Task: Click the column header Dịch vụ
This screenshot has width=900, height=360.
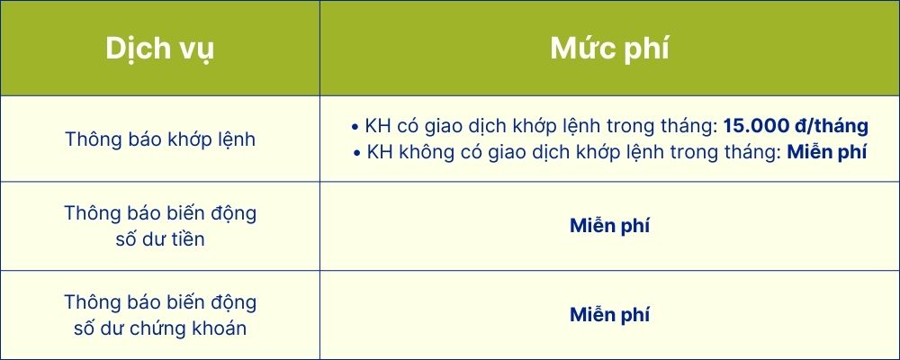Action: (159, 49)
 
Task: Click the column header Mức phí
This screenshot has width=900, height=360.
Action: (609, 49)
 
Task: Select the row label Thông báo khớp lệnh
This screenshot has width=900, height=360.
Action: (160, 139)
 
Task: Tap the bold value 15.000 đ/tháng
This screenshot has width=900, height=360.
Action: (796, 126)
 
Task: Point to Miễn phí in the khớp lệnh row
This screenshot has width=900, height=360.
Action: (826, 153)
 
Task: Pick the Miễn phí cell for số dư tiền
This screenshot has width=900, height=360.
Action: (609, 226)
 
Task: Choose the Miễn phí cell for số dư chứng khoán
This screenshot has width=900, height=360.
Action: (609, 315)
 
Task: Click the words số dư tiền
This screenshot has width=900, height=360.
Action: (160, 238)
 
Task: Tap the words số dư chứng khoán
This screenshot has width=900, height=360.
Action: (160, 328)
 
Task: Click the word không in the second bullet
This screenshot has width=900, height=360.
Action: (419, 153)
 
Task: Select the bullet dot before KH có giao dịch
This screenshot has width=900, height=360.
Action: (355, 127)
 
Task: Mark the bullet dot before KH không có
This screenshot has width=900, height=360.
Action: (357, 153)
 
